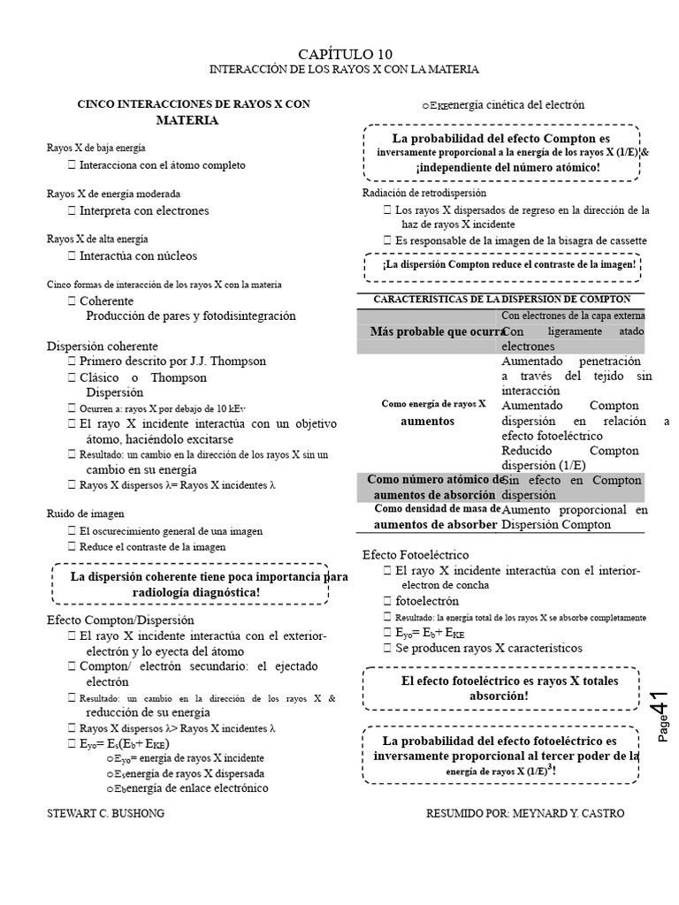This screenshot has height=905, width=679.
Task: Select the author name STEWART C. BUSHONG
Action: (105, 813)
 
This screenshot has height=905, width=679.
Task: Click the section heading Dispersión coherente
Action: (103, 346)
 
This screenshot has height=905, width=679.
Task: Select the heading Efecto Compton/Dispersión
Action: (120, 620)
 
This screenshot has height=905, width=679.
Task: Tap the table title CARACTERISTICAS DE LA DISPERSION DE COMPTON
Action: (502, 300)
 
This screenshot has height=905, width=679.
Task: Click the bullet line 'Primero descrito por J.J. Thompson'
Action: (172, 361)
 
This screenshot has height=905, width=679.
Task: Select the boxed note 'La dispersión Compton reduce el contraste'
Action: (508, 264)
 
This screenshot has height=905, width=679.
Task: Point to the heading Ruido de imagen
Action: (85, 513)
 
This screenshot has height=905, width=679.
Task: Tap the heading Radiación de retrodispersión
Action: (424, 193)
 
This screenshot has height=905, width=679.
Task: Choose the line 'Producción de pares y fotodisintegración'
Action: (190, 316)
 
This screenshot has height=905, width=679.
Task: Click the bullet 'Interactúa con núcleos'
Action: (138, 255)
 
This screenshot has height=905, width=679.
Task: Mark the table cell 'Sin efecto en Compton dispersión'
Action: (573, 487)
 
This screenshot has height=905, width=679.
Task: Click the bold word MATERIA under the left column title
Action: (187, 119)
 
